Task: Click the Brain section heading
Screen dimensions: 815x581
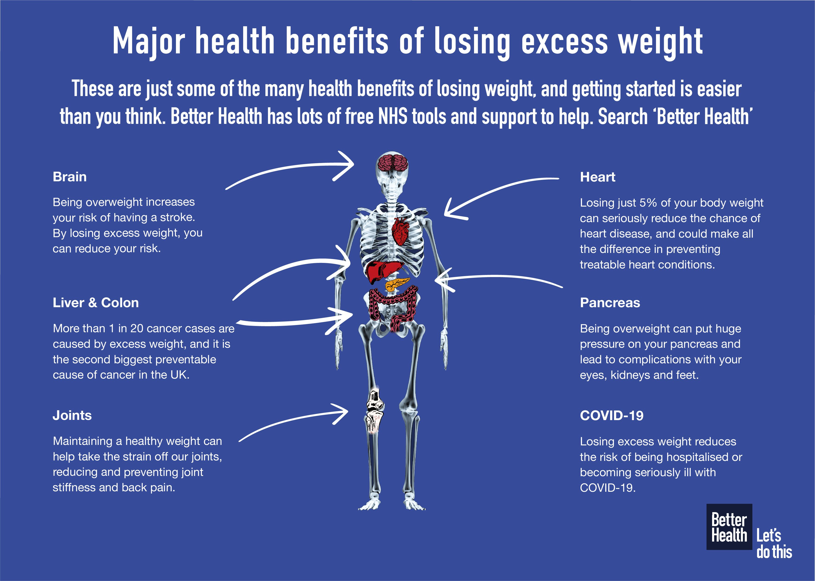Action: pyautogui.click(x=70, y=177)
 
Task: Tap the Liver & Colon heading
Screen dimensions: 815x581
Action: pyautogui.click(x=96, y=303)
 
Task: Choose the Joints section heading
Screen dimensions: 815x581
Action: pyautogui.click(x=72, y=415)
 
